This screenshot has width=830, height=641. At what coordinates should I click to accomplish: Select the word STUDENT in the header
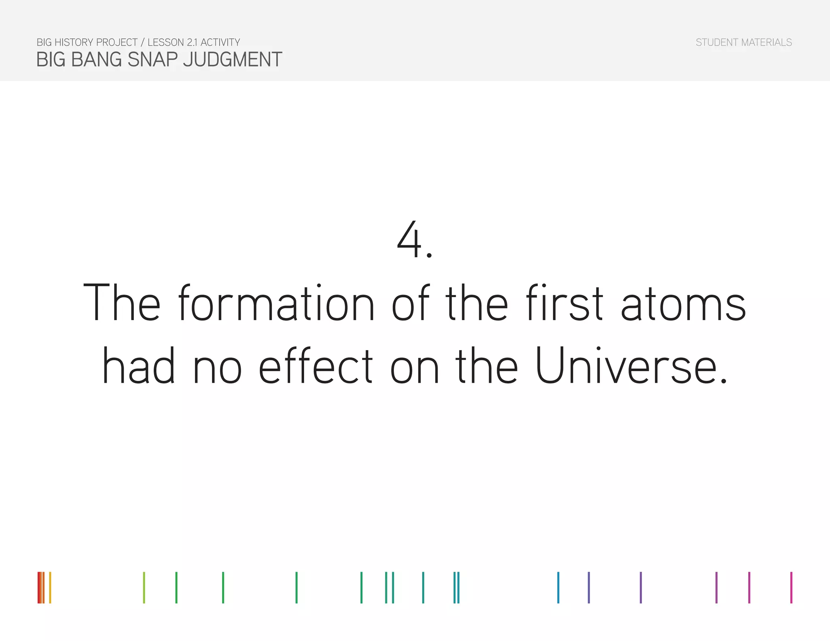(x=717, y=43)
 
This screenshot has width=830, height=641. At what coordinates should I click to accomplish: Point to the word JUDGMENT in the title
(x=232, y=60)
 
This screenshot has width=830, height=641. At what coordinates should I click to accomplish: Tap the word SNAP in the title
(x=153, y=60)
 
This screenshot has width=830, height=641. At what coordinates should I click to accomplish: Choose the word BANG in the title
(x=96, y=60)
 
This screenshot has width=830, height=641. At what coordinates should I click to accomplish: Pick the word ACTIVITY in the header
(x=220, y=43)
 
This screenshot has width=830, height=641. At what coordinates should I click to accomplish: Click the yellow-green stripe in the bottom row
(x=144, y=588)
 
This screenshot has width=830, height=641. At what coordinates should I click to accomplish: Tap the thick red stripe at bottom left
(x=39, y=588)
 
